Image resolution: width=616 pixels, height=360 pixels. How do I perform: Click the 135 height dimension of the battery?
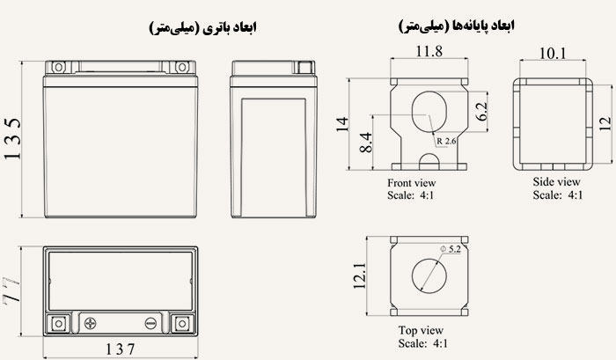[x=12, y=140]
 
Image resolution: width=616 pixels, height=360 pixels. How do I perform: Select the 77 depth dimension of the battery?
[x=12, y=290]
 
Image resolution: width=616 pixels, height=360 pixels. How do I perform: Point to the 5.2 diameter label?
[x=452, y=250]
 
